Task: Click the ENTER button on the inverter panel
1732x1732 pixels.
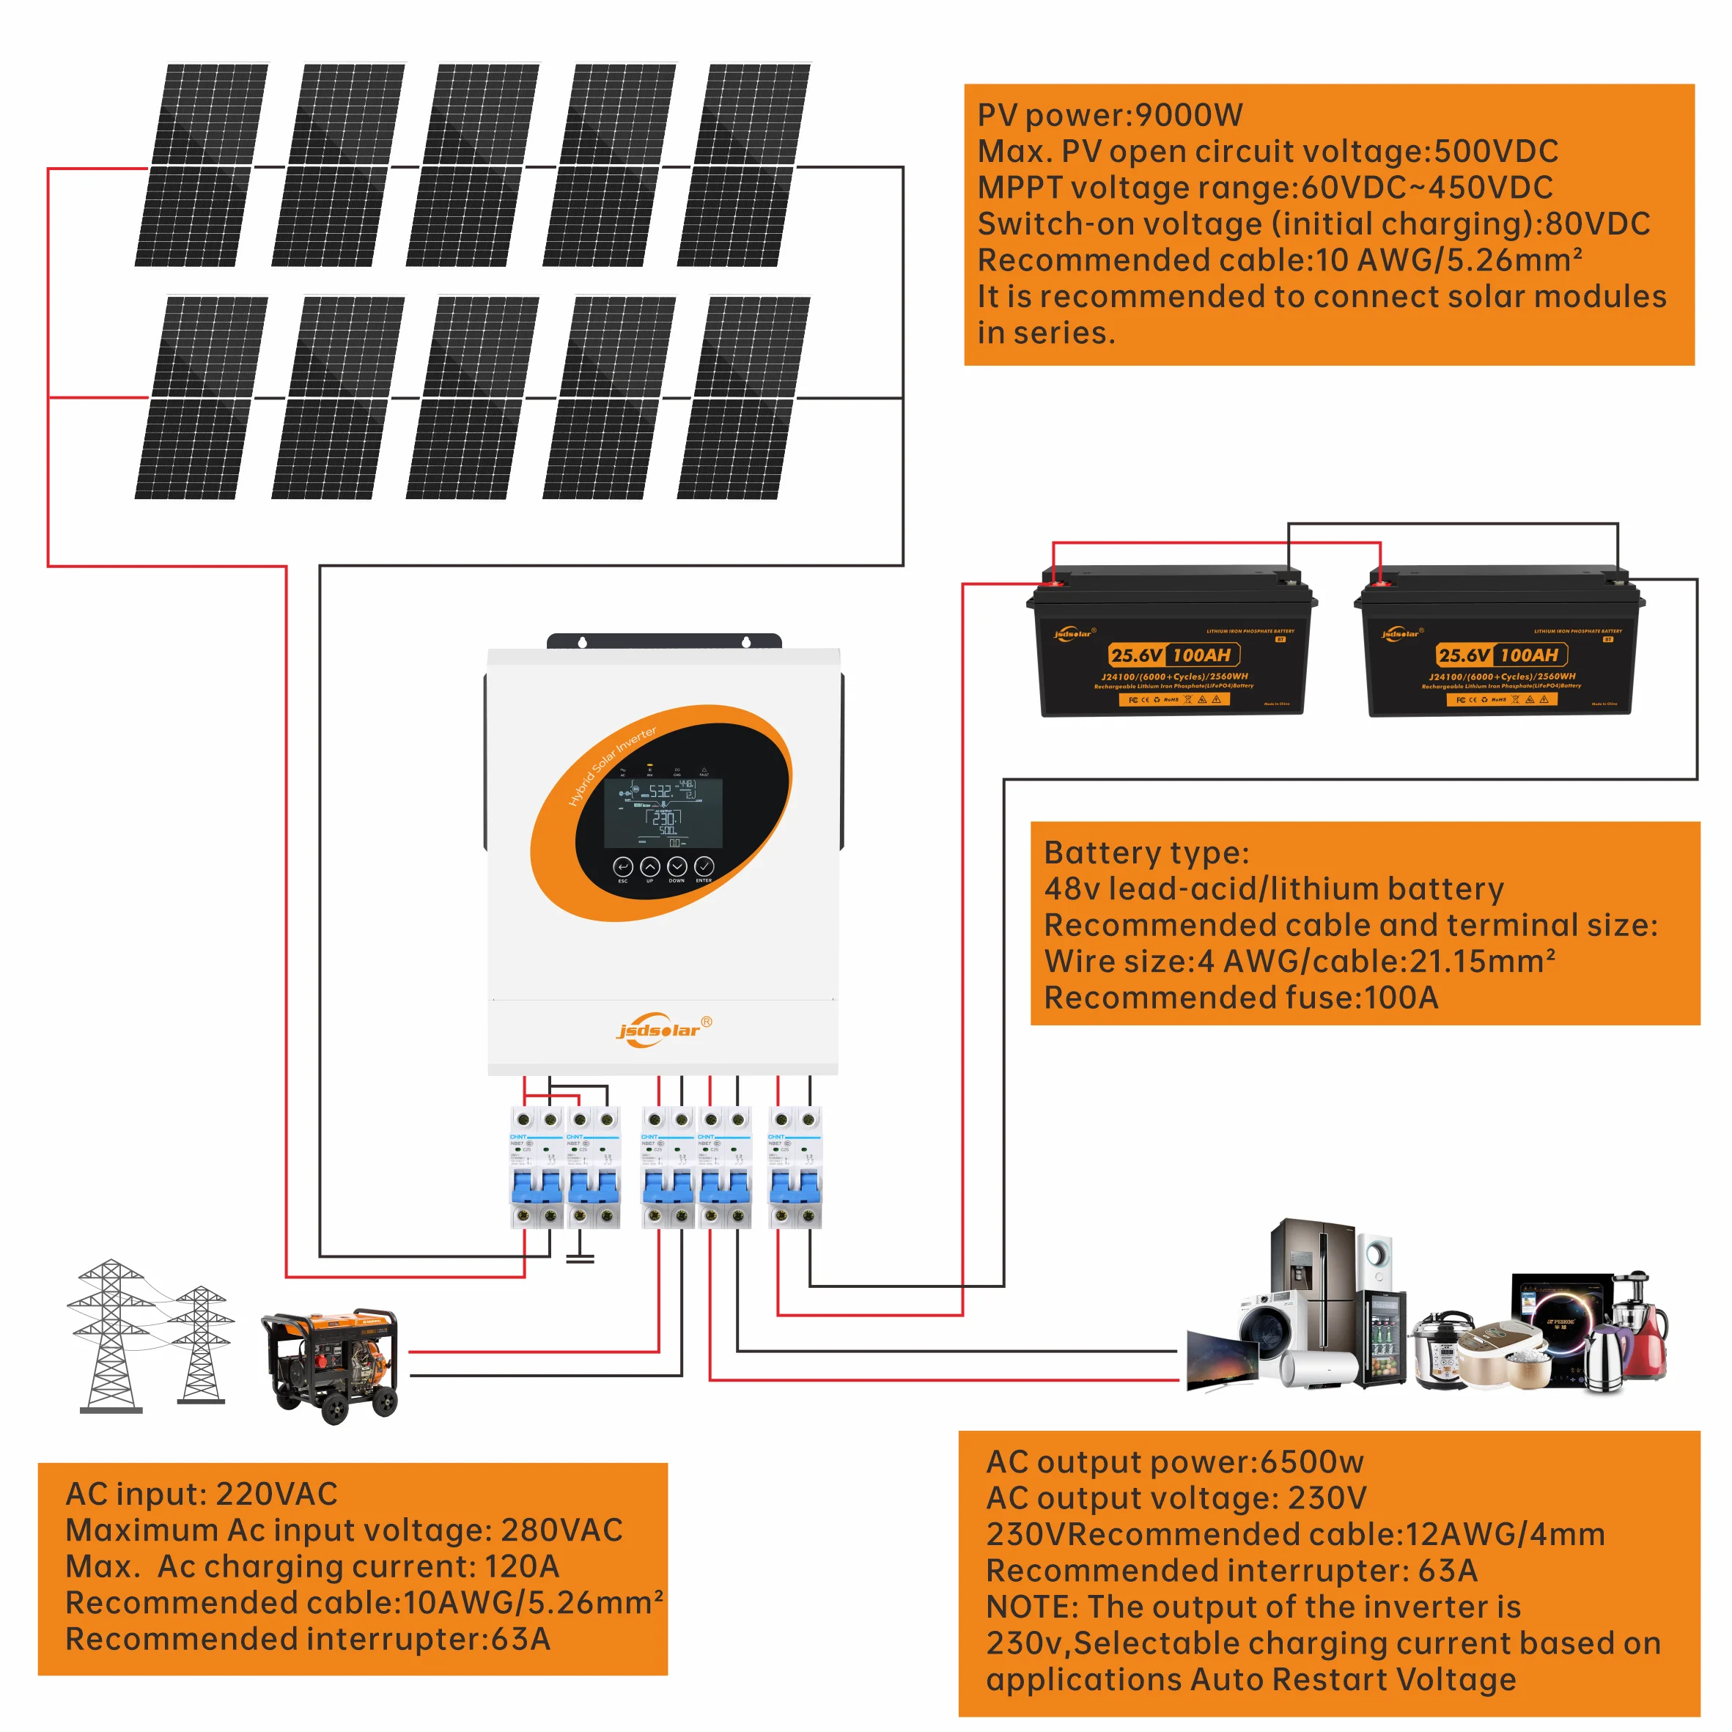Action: coord(704,866)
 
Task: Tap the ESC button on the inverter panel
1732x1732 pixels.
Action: coord(623,866)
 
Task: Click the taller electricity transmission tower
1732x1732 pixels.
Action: coord(110,1335)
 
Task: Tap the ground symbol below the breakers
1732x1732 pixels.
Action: coord(580,1257)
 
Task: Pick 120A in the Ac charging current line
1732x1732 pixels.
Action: coord(522,1566)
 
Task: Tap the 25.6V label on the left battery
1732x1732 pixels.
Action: coord(1136,655)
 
